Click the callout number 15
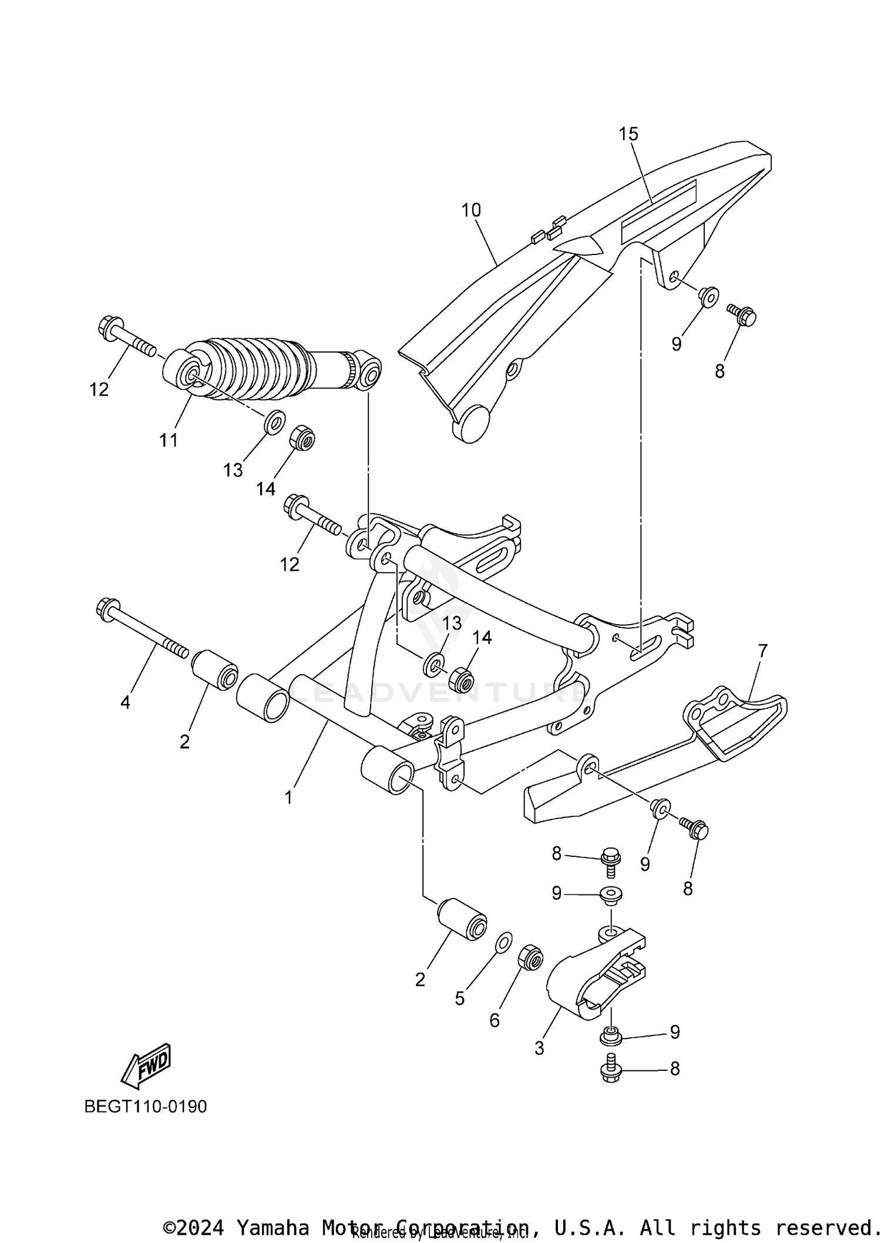(x=628, y=134)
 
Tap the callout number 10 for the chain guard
(x=471, y=210)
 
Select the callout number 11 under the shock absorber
(x=169, y=440)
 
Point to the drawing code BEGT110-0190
(x=146, y=1107)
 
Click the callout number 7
(x=762, y=651)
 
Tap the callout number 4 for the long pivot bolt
(x=125, y=702)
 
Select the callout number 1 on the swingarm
(x=288, y=798)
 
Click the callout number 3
(x=539, y=1048)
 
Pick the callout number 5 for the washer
(x=459, y=998)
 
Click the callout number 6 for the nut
(x=495, y=1020)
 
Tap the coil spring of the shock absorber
(x=253, y=367)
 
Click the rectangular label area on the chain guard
(x=658, y=212)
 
